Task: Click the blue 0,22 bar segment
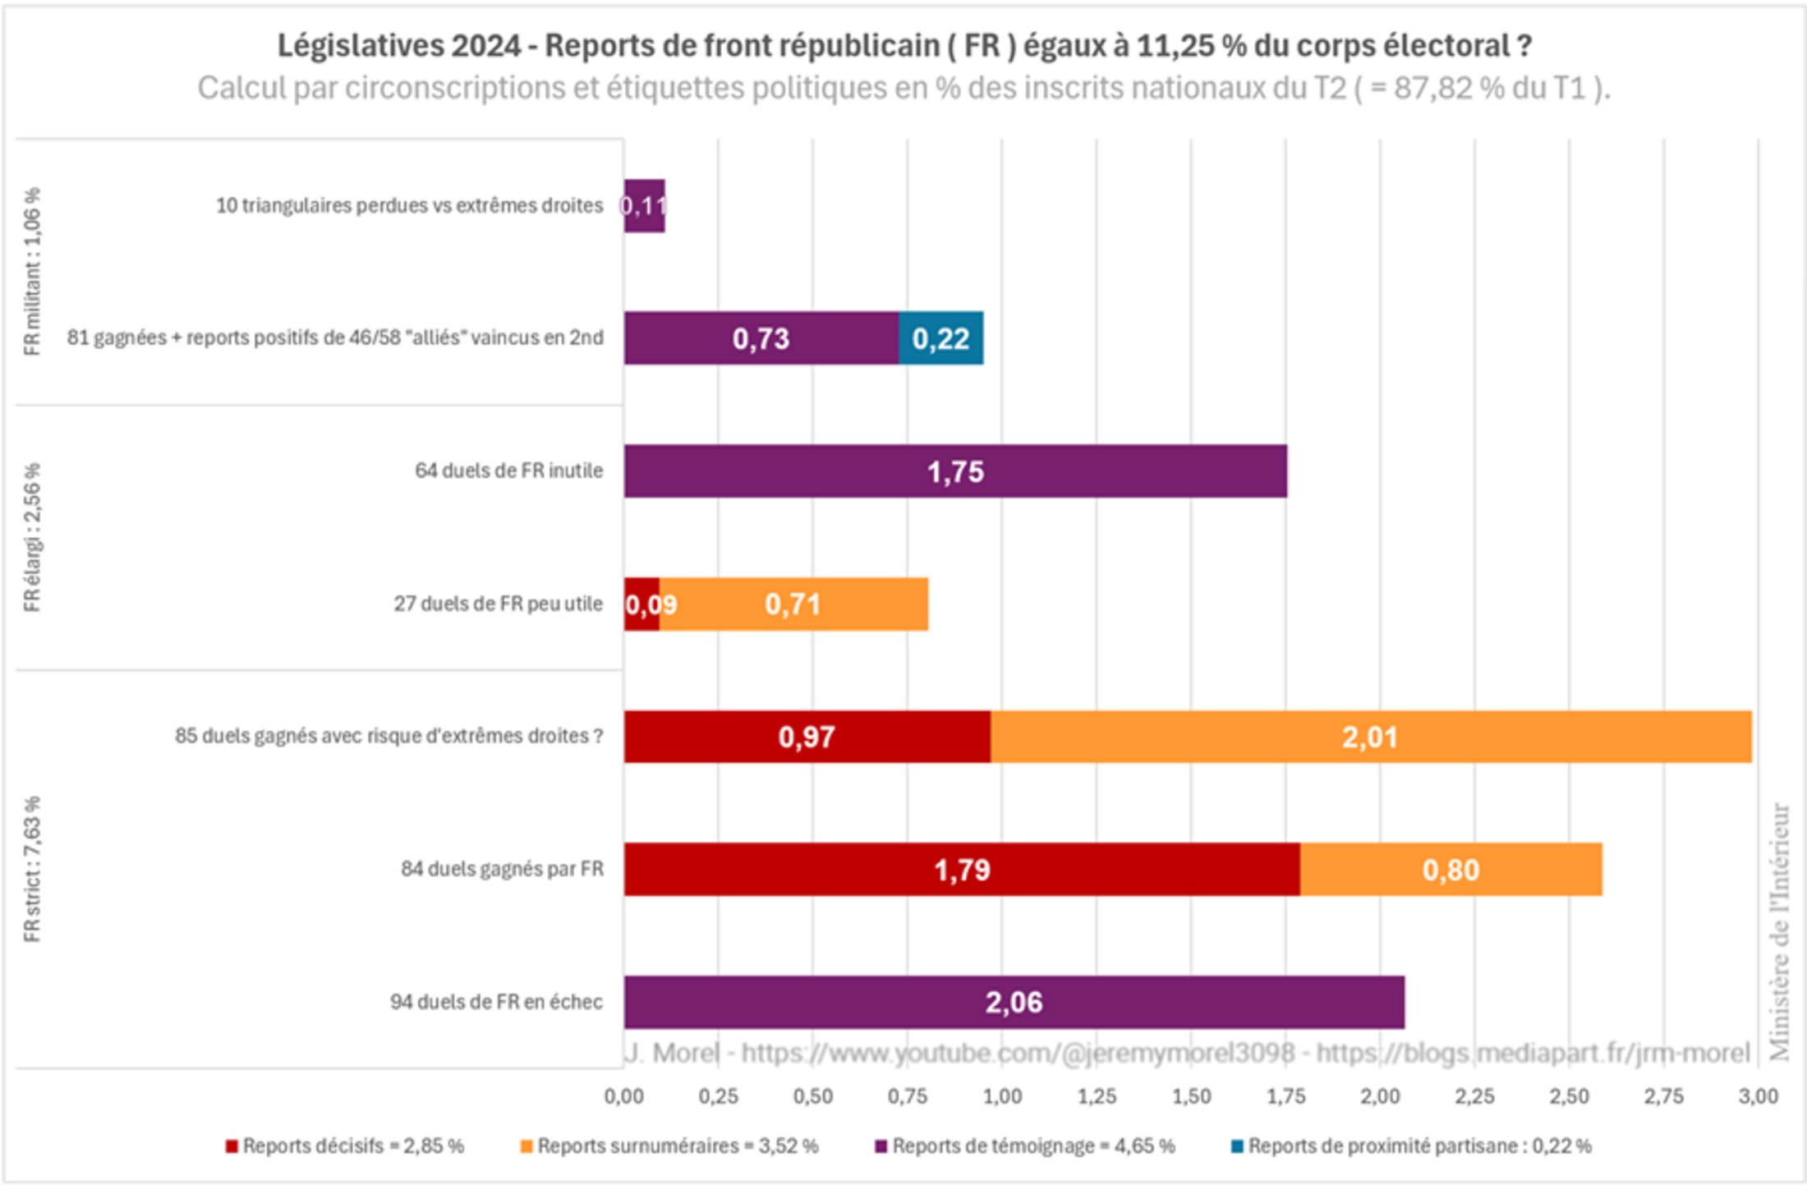pyautogui.click(x=940, y=338)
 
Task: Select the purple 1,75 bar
pyautogui.click(x=955, y=471)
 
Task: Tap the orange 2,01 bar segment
pyautogui.click(x=1370, y=737)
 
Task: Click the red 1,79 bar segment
pyautogui.click(x=962, y=870)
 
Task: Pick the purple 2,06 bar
pyautogui.click(x=1014, y=1002)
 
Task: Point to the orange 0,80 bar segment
pyautogui.click(x=1451, y=870)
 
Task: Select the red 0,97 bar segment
pyautogui.click(x=807, y=737)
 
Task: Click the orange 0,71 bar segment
pyautogui.click(x=793, y=604)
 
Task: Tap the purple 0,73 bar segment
pyautogui.click(x=761, y=338)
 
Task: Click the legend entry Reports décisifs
pyautogui.click(x=345, y=1146)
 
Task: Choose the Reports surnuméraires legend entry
pyautogui.click(x=670, y=1146)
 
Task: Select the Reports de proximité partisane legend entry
pyautogui.click(x=1411, y=1146)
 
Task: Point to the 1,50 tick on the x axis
pyautogui.click(x=1191, y=1096)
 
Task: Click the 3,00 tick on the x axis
pyautogui.click(x=1758, y=1096)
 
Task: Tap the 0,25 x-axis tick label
pyautogui.click(x=718, y=1096)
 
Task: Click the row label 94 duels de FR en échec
pyautogui.click(x=496, y=1002)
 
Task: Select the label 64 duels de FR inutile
pyautogui.click(x=508, y=471)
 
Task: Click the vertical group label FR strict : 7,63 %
pyautogui.click(x=32, y=869)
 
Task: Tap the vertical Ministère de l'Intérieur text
pyautogui.click(x=1778, y=932)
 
